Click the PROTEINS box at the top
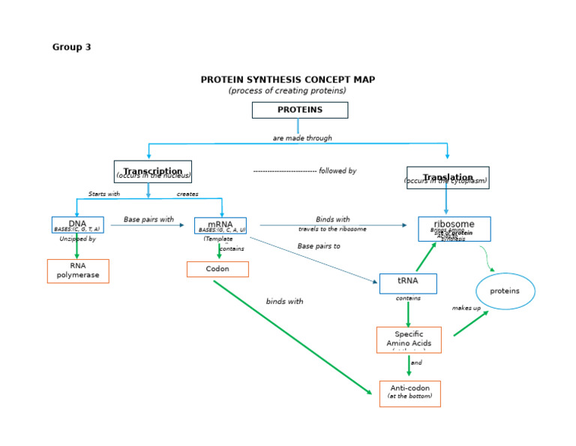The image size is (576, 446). click(x=299, y=110)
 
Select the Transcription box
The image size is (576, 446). click(x=152, y=171)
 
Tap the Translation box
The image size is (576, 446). click(x=447, y=178)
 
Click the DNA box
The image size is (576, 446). click(x=77, y=225)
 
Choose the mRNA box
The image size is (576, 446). click(x=220, y=225)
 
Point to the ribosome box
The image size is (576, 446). click(x=454, y=228)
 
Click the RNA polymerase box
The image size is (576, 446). click(x=78, y=270)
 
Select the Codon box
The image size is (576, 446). click(x=217, y=269)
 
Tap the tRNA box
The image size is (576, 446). click(x=407, y=283)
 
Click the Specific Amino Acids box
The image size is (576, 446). click(x=409, y=339)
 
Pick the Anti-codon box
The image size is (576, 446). click(x=409, y=393)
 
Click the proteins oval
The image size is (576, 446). click(x=505, y=291)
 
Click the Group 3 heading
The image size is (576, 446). click(x=71, y=47)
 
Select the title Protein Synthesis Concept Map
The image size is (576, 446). click(x=287, y=80)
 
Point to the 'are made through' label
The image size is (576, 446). click(x=302, y=138)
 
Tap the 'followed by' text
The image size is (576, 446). click(x=337, y=171)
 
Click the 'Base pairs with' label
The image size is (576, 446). click(x=148, y=220)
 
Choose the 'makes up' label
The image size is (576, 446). click(x=466, y=308)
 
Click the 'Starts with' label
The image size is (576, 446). click(x=103, y=194)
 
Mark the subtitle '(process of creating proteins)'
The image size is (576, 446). click(x=287, y=91)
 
